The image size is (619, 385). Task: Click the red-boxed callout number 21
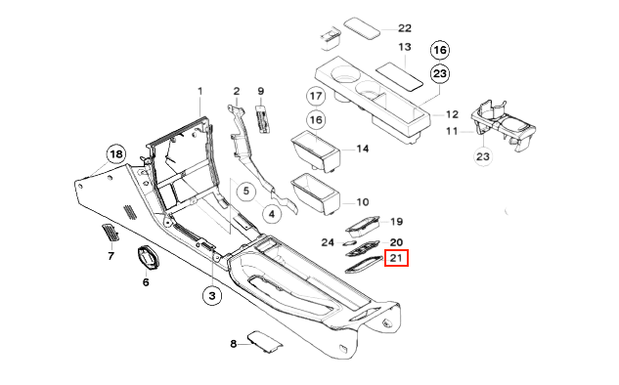click(396, 258)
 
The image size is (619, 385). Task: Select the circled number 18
click(116, 154)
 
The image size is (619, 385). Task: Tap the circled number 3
click(212, 295)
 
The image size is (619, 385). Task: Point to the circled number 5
click(246, 192)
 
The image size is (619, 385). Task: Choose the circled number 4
click(272, 214)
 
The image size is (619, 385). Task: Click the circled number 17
click(316, 96)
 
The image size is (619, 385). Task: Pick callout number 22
click(405, 28)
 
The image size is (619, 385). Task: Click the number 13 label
click(405, 47)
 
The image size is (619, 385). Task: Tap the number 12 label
click(452, 114)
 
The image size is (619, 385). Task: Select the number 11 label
click(452, 131)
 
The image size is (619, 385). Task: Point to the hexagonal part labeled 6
click(147, 258)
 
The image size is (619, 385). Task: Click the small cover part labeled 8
click(264, 342)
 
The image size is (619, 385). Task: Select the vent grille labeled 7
click(111, 233)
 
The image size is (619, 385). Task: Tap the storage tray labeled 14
click(316, 151)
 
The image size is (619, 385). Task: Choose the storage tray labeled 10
click(316, 194)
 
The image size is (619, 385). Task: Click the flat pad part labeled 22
click(362, 28)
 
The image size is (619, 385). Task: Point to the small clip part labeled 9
click(262, 118)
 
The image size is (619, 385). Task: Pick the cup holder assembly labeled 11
click(503, 125)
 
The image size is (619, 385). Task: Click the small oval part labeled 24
click(350, 243)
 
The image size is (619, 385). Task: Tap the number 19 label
click(396, 222)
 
